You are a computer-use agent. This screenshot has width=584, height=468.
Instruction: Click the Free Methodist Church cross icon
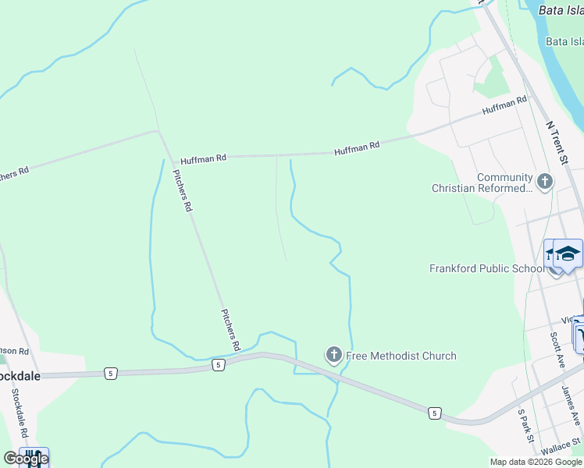pyautogui.click(x=333, y=356)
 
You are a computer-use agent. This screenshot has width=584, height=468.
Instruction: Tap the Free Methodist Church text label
pyautogui.click(x=401, y=356)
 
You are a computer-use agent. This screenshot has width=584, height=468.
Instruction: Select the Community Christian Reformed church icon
pyautogui.click(x=544, y=183)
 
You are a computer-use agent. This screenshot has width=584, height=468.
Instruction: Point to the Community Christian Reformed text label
pyautogui.click(x=482, y=183)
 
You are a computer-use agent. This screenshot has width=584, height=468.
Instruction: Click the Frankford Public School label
pyautogui.click(x=486, y=268)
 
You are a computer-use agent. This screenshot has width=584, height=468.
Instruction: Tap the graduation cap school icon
pyautogui.click(x=568, y=253)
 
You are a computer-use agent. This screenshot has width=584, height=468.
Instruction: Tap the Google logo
pyautogui.click(x=26, y=459)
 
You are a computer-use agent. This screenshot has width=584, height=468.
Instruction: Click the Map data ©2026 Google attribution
pyautogui.click(x=536, y=462)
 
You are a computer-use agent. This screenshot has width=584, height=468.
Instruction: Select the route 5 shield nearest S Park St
pyautogui.click(x=434, y=411)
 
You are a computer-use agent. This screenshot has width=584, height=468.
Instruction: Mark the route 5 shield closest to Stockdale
pyautogui.click(x=110, y=374)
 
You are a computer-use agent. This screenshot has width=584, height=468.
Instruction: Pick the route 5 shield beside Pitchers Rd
pyautogui.click(x=218, y=364)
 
